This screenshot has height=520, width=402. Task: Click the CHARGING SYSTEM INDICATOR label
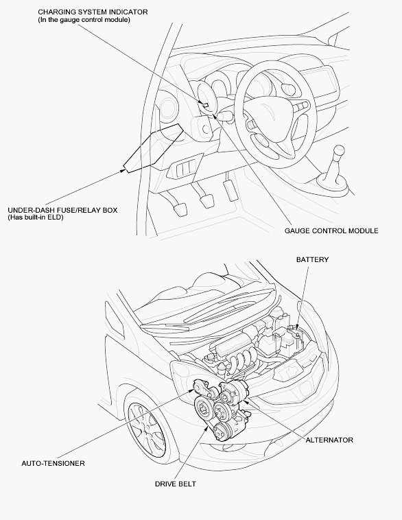tap(93, 12)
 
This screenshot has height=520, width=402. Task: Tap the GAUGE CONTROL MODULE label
tap(331, 231)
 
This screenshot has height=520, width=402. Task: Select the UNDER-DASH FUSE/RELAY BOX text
tap(62, 210)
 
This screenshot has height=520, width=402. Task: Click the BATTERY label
tap(312, 260)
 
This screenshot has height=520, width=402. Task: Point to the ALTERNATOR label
tap(329, 440)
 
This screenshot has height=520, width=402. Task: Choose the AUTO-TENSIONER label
tap(53, 463)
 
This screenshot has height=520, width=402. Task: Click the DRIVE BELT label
tap(176, 484)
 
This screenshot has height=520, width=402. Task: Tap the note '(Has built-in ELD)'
tap(36, 217)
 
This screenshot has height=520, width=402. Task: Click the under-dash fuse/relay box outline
tap(153, 149)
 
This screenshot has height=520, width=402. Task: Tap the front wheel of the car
tap(146, 429)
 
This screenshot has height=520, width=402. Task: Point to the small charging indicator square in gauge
tap(206, 105)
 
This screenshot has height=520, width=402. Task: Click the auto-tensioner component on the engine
tap(204, 388)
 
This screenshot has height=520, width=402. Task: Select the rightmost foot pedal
tap(231, 189)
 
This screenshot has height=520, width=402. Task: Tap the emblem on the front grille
tap(287, 373)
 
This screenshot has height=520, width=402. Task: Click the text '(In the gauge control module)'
tap(84, 20)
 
